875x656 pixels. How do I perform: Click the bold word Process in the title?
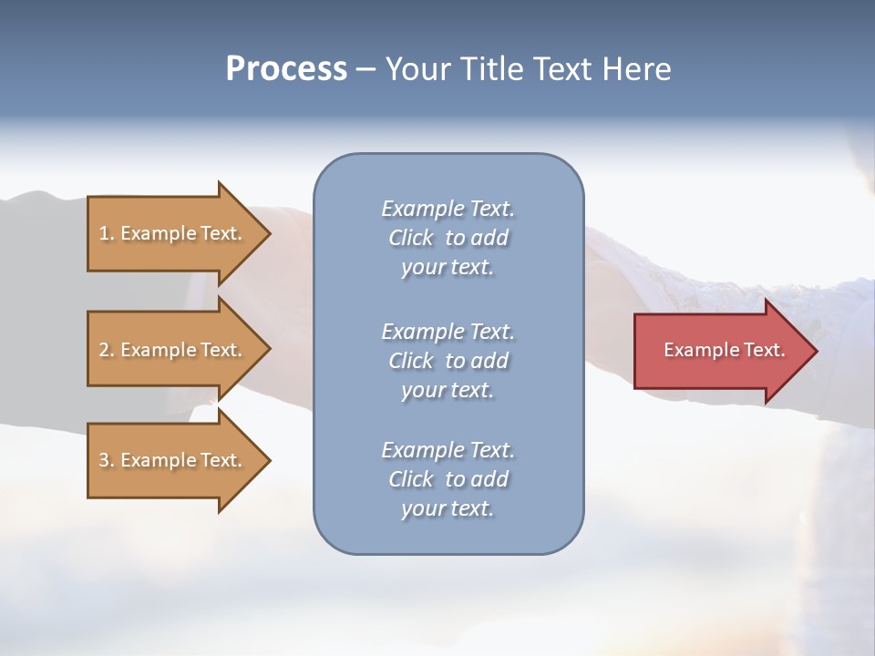[x=286, y=69]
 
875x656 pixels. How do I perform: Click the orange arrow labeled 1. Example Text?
[x=179, y=233]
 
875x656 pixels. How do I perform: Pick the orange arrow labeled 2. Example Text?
[x=179, y=349]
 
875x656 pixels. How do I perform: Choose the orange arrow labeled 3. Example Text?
[x=179, y=460]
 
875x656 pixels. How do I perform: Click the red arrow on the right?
[x=726, y=351]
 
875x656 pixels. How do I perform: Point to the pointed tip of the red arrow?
[x=818, y=351]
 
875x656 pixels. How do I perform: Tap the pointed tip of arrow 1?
[x=271, y=233]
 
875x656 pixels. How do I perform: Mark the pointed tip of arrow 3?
[x=271, y=460]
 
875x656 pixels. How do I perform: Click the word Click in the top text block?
[x=411, y=238]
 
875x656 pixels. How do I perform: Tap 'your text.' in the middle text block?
[x=448, y=391]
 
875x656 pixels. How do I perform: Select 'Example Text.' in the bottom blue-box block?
[x=448, y=449]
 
